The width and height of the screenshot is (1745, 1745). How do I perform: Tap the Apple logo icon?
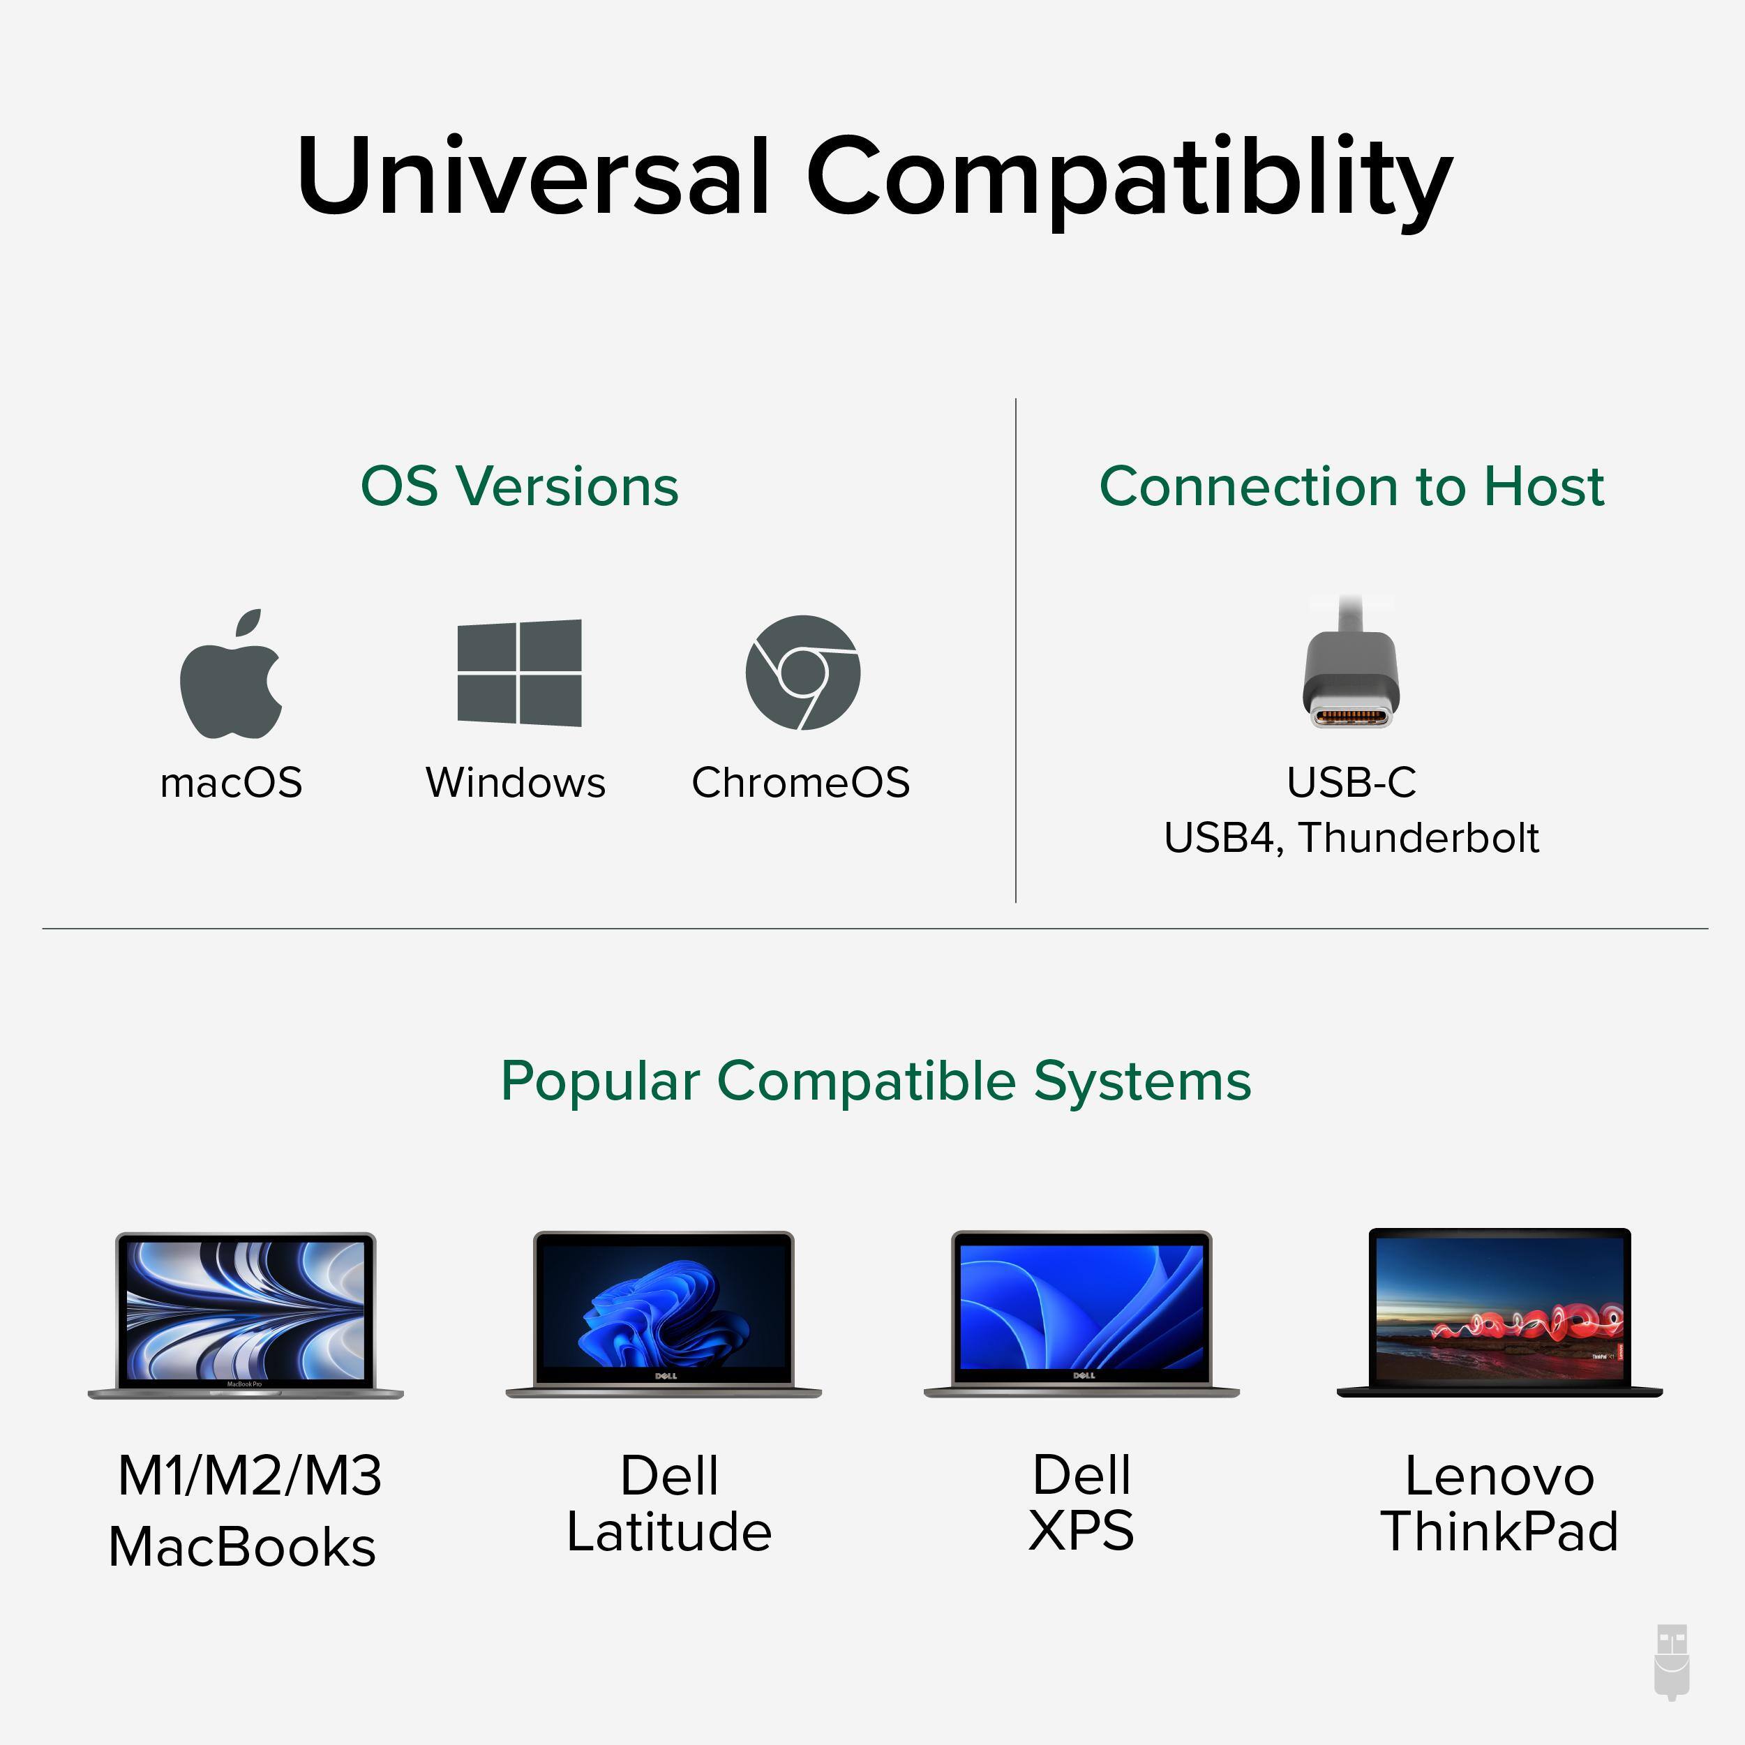(x=231, y=675)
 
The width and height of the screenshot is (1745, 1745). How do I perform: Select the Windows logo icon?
(x=519, y=673)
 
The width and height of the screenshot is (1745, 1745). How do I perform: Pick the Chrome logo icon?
(x=802, y=673)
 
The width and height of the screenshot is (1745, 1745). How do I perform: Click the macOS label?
(x=231, y=782)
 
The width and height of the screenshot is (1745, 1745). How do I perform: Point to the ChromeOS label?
(x=800, y=782)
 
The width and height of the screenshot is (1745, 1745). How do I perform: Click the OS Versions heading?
(x=519, y=487)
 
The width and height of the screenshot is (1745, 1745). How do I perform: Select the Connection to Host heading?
(x=1351, y=487)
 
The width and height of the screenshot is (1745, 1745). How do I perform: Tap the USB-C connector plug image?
(x=1351, y=673)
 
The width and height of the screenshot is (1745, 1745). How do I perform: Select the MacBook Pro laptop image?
(x=246, y=1315)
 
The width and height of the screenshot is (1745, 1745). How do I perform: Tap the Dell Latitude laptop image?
(x=664, y=1315)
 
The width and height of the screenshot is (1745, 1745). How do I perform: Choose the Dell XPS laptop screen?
(x=1081, y=1307)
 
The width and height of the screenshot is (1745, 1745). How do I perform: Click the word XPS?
(x=1081, y=1531)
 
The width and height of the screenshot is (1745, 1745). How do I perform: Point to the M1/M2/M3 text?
(x=250, y=1476)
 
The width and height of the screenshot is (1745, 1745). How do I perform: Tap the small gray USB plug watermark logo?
(x=1671, y=1662)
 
